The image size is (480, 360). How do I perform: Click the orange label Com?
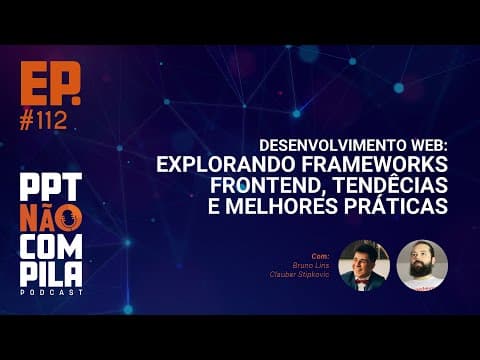(320, 256)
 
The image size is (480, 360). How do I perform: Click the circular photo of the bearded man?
(421, 265)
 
